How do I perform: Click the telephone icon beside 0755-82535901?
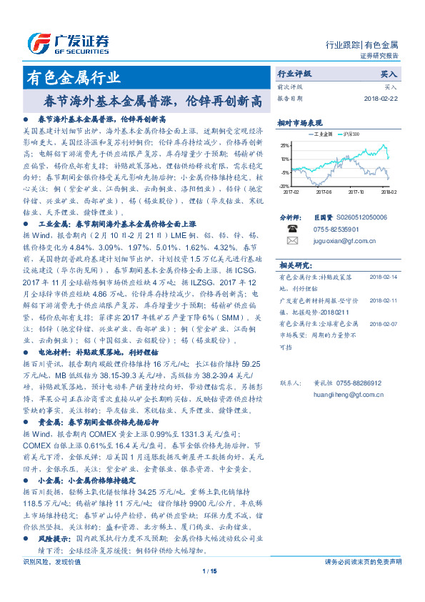[292, 229]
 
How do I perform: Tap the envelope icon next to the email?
[292, 241]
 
